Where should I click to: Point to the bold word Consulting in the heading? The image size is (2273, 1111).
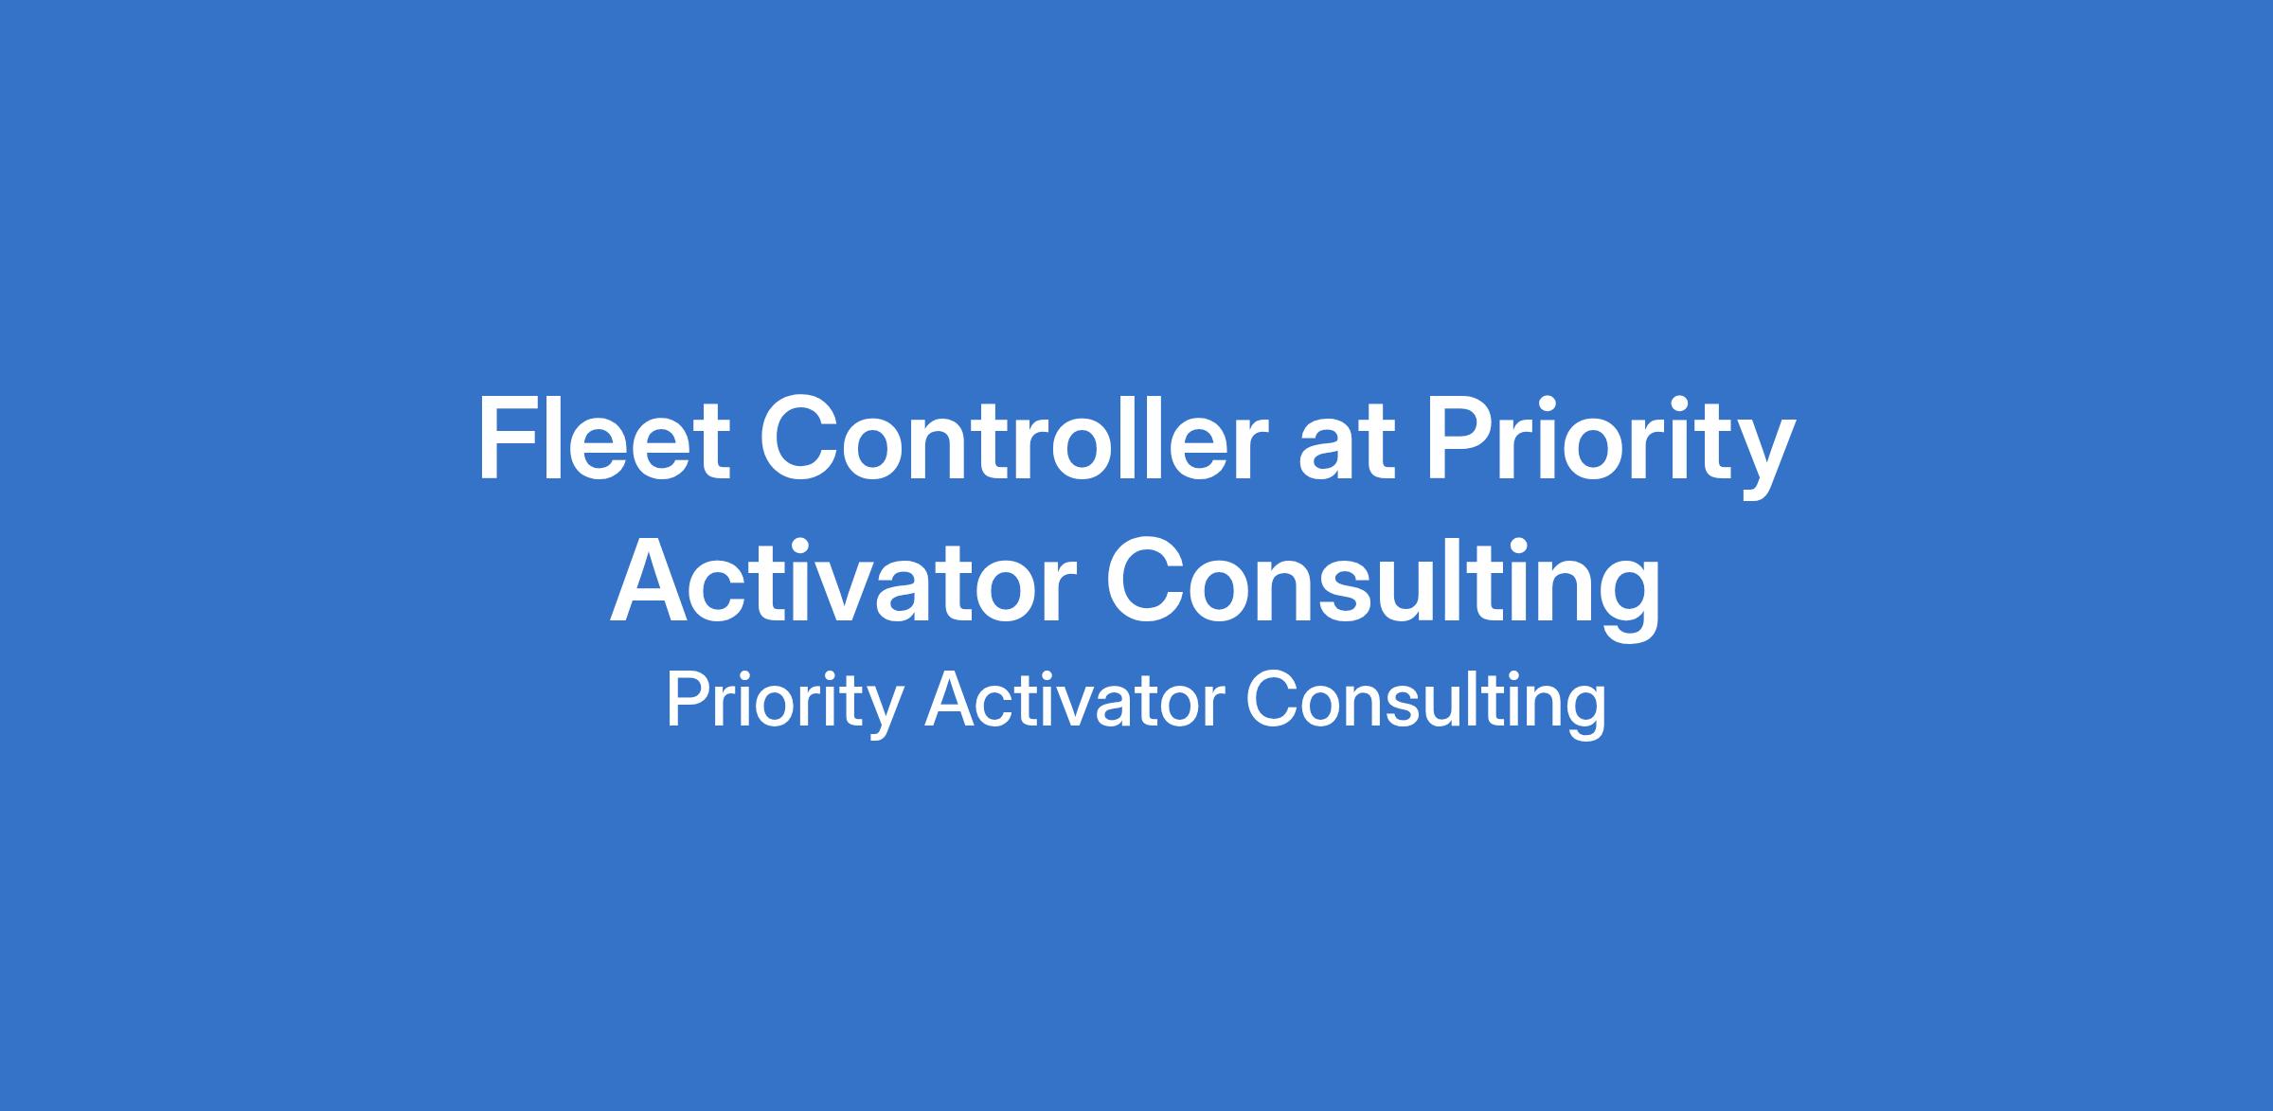tap(1383, 587)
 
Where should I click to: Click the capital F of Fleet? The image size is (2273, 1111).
tap(508, 439)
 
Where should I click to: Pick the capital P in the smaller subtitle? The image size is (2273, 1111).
tap(689, 700)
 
